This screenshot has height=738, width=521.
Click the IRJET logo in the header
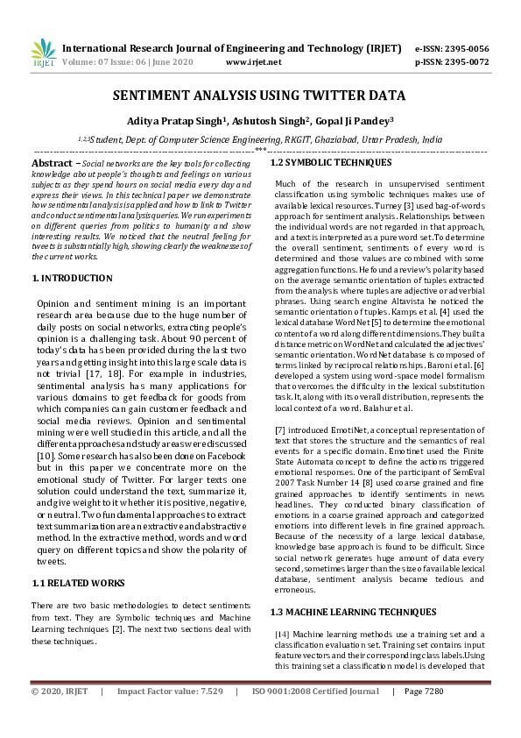click(43, 54)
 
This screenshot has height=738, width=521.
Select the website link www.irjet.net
click(253, 62)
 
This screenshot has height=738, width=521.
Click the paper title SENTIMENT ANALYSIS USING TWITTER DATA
click(260, 96)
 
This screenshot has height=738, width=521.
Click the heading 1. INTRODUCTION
click(72, 278)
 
